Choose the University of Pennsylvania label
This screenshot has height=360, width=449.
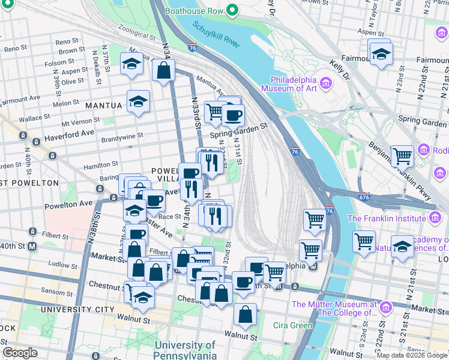tap(184, 350)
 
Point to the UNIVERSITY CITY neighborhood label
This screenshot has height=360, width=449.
tap(77, 310)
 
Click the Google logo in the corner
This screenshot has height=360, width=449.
tap(20, 353)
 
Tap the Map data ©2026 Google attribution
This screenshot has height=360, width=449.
tap(412, 355)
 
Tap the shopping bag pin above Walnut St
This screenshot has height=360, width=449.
tap(245, 314)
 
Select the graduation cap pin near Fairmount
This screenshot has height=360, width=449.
tap(379, 55)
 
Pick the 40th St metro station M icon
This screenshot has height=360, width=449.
tap(32, 246)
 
